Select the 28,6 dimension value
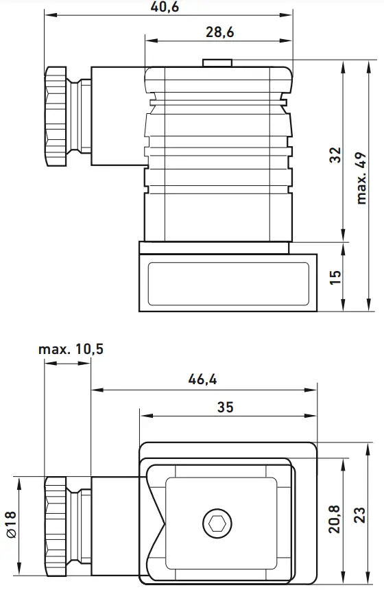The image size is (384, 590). coord(219,32)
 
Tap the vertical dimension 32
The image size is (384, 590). coord(335,155)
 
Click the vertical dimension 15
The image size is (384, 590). coord(335,277)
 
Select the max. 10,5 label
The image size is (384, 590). coord(71,349)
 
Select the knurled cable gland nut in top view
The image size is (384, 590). coord(58,116)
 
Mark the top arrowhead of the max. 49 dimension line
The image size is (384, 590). coord(369,64)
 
